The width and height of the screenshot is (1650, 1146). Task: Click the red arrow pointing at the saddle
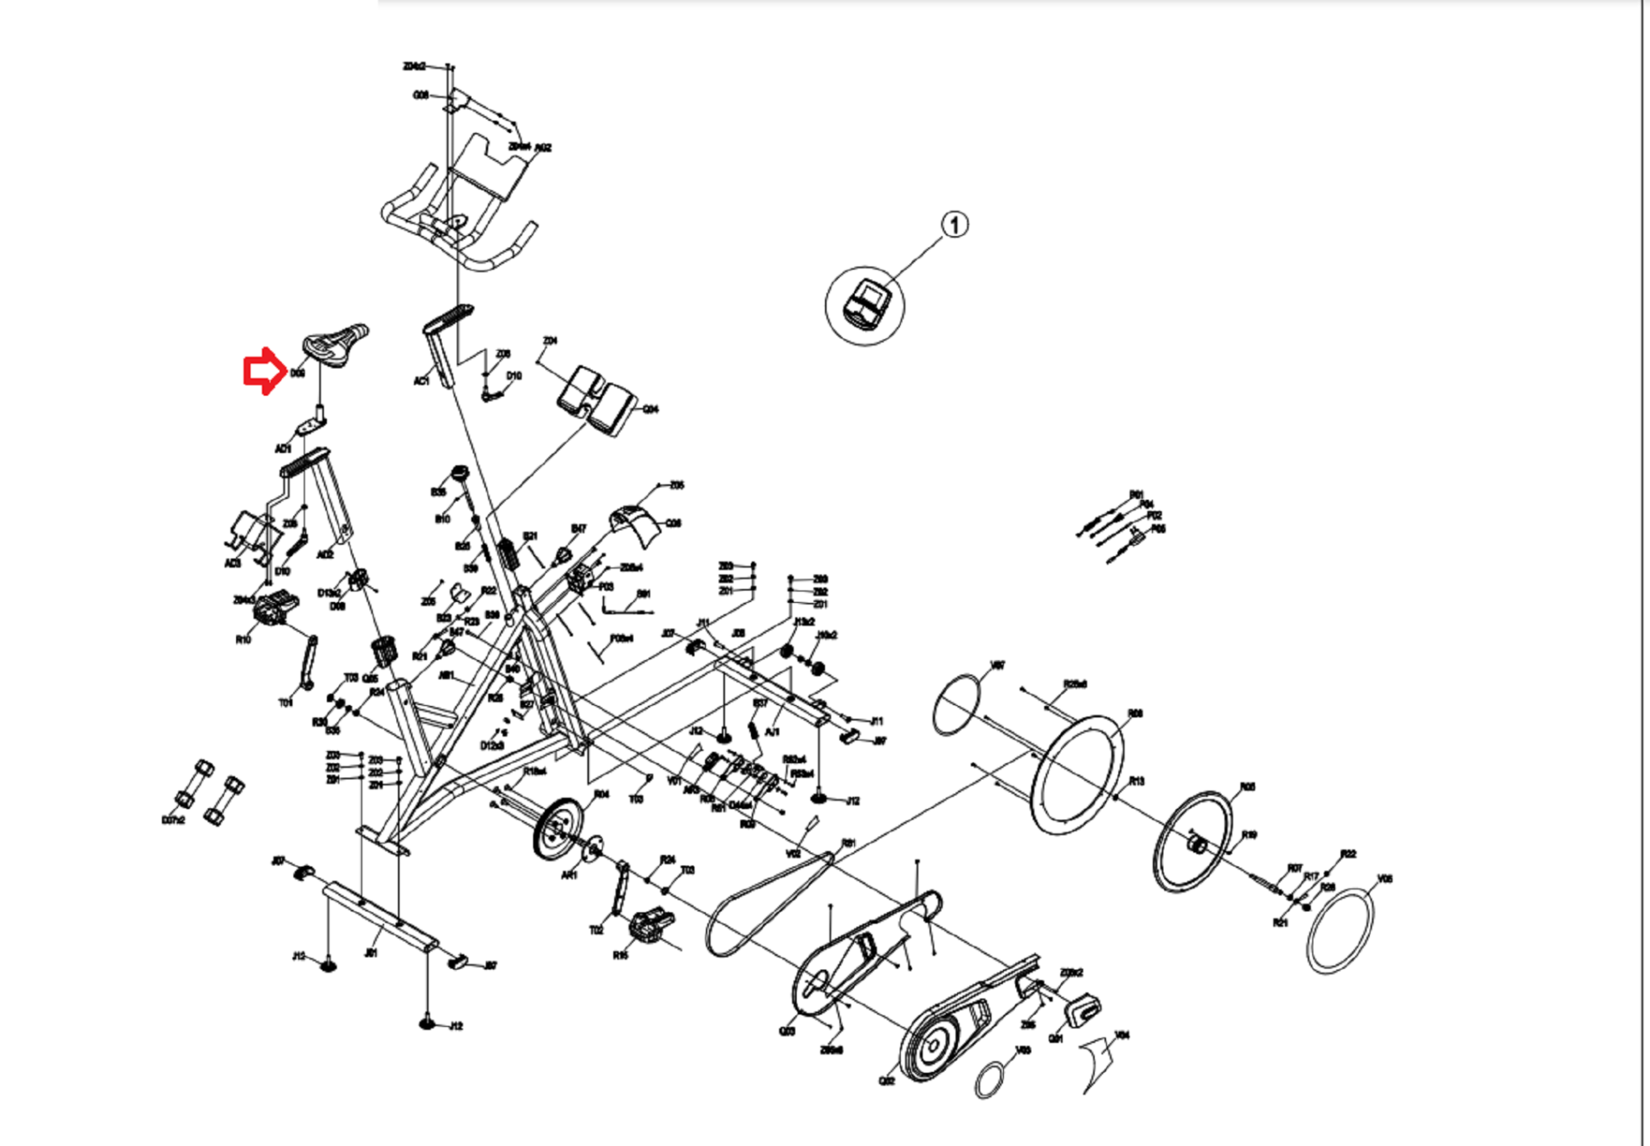tap(263, 372)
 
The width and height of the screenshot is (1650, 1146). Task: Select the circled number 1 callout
tap(955, 224)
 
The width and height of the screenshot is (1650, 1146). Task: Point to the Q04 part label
tap(650, 409)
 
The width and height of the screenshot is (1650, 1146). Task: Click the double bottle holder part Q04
tap(595, 400)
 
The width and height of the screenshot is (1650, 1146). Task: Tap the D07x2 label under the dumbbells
tap(173, 820)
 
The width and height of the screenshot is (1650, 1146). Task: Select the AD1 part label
tap(283, 449)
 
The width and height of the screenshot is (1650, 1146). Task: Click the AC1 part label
tap(421, 381)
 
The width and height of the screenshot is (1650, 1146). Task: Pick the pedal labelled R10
tap(275, 609)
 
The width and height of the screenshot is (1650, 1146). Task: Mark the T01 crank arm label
tap(286, 703)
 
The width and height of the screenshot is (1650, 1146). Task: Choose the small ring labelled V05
tap(991, 1078)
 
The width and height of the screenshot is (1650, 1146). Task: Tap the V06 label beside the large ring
tap(1385, 878)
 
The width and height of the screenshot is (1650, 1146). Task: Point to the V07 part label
tap(997, 666)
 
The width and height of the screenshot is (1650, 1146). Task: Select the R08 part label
tap(1135, 713)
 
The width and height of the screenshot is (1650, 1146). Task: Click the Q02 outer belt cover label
tap(886, 1081)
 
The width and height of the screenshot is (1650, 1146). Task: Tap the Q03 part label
tap(787, 1031)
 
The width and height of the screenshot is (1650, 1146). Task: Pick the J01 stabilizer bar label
tap(371, 953)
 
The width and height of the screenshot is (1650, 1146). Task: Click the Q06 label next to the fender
tap(674, 523)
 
